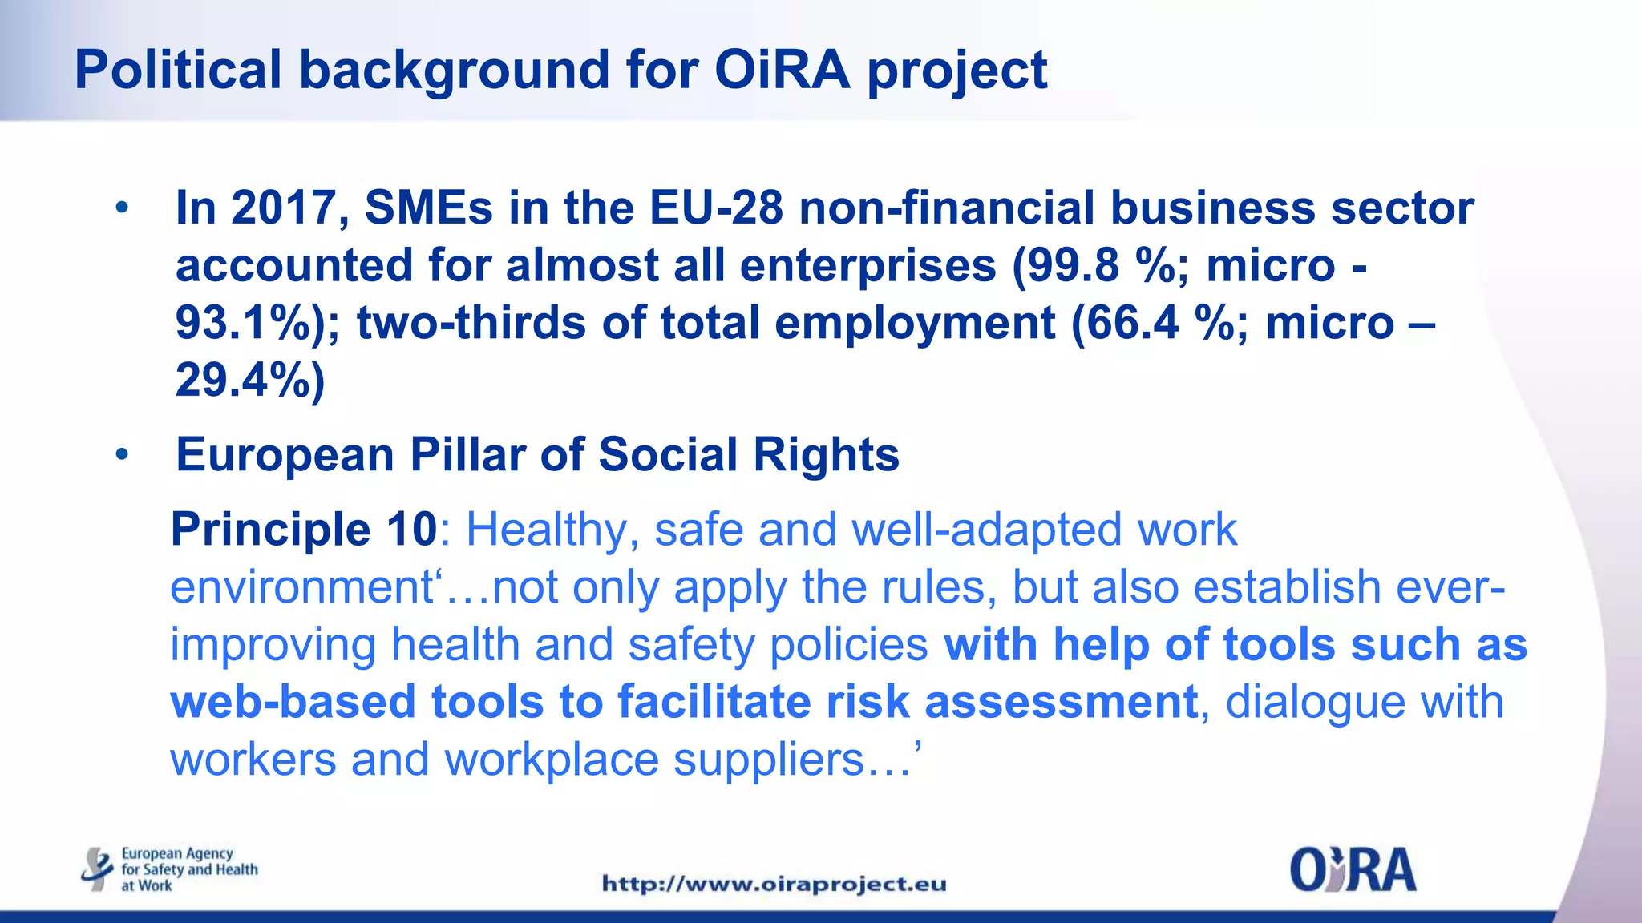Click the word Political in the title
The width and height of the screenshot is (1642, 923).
coord(177,70)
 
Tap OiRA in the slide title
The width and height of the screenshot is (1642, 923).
coord(781,70)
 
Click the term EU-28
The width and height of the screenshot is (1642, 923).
coord(716,208)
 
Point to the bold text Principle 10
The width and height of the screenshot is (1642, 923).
coord(304,530)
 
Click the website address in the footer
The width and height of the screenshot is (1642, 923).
coord(774,884)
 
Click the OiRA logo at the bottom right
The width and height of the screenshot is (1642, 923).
coord(1353,870)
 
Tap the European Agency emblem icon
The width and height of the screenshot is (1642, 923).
coord(97,869)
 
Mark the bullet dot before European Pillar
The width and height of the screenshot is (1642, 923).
coord(122,455)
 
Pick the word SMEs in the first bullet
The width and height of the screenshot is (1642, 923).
coord(429,208)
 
